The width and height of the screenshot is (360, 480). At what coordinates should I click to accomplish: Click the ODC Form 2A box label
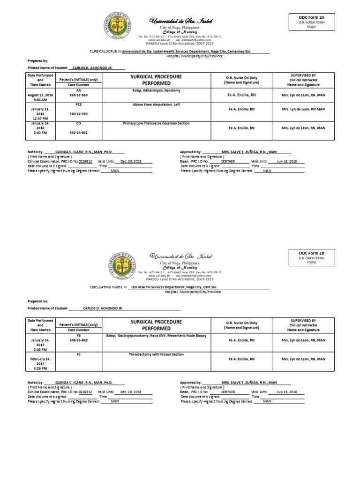pos(312,16)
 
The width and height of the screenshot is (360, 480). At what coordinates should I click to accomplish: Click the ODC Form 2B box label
pos(312,253)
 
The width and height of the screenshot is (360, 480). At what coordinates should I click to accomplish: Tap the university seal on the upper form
pos(119,27)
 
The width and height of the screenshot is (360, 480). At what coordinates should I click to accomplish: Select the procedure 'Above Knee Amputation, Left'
pos(156,105)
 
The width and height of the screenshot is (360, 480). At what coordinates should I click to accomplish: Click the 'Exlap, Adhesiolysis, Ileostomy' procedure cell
pos(156,90)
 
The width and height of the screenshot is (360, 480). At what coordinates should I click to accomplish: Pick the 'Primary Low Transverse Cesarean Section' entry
pos(156,123)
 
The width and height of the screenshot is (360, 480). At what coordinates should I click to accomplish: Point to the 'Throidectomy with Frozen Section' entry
pos(156,354)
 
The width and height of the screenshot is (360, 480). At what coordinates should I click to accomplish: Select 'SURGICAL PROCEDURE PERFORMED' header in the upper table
pos(156,79)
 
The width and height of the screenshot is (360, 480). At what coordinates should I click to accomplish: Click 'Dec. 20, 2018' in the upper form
pos(130,161)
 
